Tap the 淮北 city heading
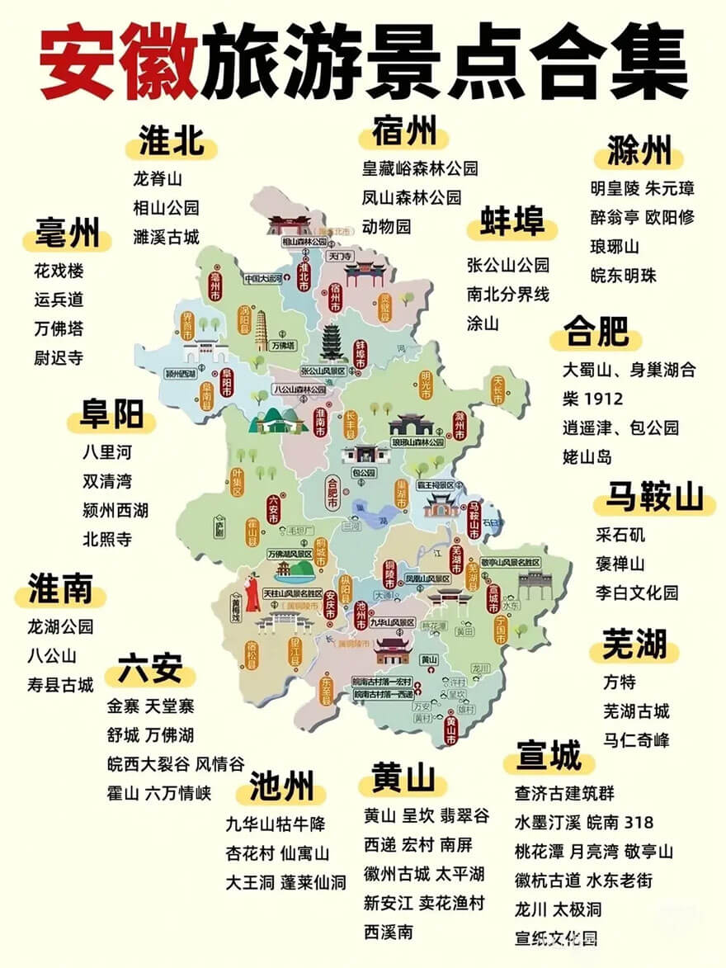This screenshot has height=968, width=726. click(x=171, y=142)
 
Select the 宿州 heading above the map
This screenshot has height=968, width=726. click(x=403, y=132)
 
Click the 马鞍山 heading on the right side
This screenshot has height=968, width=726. click(x=655, y=498)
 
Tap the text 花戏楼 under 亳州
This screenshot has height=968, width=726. click(x=59, y=271)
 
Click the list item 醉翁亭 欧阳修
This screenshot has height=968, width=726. click(x=642, y=217)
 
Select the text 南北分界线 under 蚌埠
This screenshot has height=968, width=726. click(x=507, y=294)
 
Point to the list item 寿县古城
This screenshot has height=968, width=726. click(x=60, y=684)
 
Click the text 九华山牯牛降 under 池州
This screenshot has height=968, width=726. click(x=276, y=824)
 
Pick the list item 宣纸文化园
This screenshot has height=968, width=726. click(x=555, y=937)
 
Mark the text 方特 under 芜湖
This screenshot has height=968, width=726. click(x=620, y=682)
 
